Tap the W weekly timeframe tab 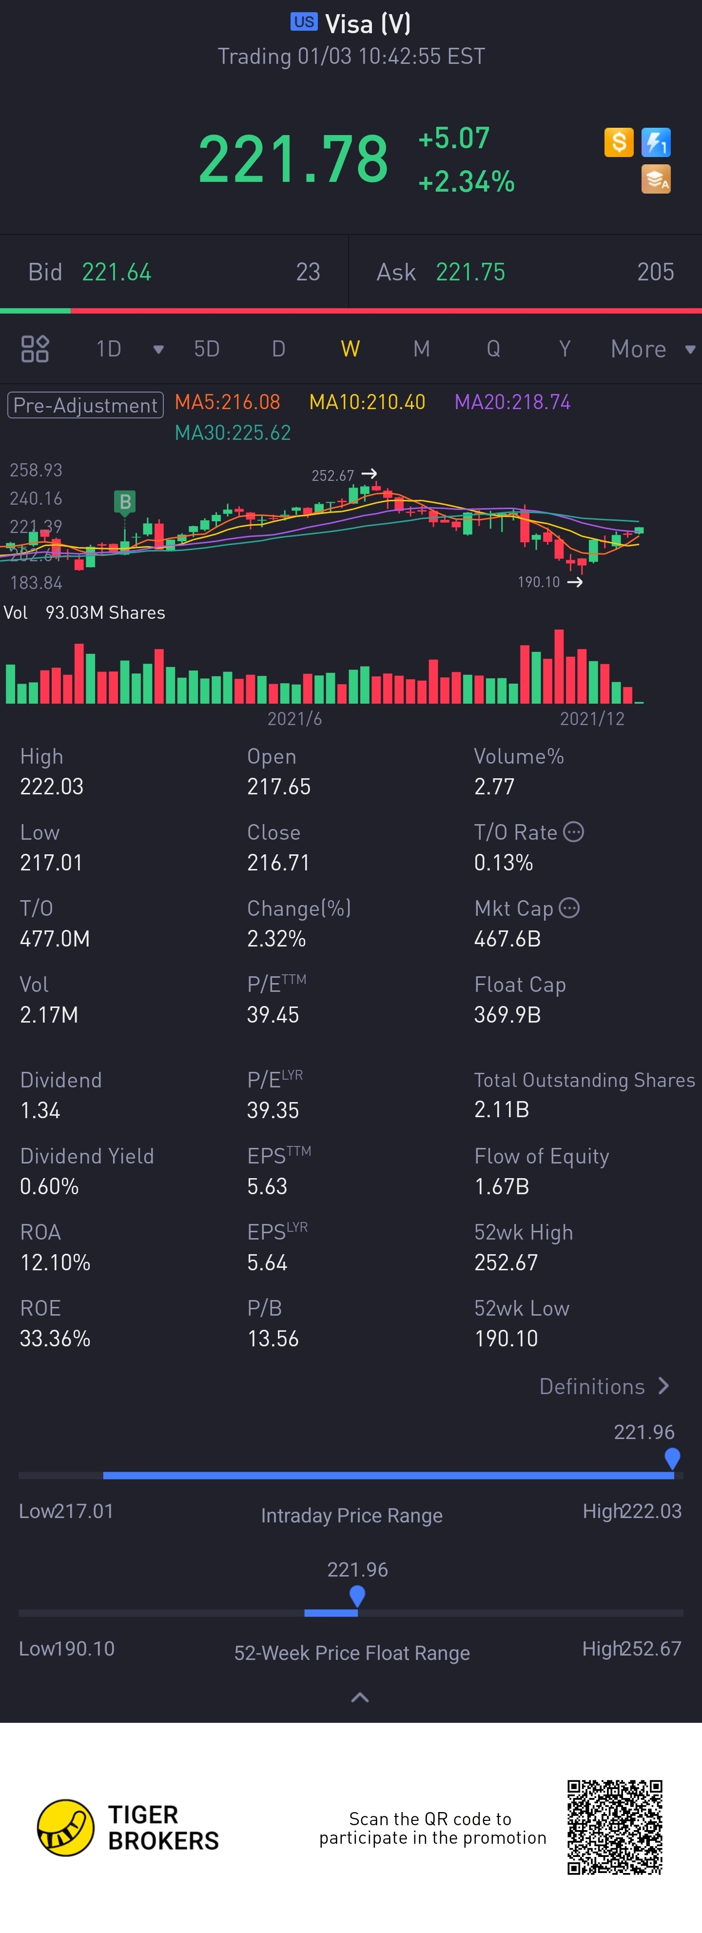click(350, 349)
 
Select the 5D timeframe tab click(206, 349)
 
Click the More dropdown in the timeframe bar click(651, 349)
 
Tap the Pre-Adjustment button click(85, 405)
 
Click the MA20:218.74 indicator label click(512, 402)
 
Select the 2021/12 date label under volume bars click(592, 719)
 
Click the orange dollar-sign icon click(619, 142)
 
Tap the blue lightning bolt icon click(656, 142)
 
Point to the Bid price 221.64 click(116, 272)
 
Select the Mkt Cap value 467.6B click(507, 939)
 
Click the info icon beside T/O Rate click(574, 832)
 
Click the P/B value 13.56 click(273, 1339)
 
